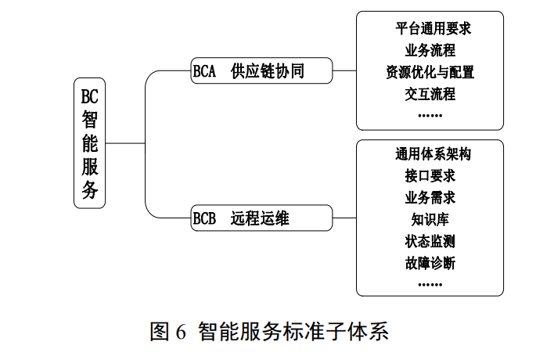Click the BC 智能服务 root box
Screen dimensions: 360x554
click(x=90, y=143)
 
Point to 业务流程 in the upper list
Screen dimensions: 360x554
click(x=430, y=51)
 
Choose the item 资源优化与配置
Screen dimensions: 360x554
click(x=430, y=73)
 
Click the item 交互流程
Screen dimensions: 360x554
click(x=430, y=94)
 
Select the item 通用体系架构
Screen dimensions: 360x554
click(x=430, y=154)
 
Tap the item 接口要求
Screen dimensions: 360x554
click(x=430, y=175)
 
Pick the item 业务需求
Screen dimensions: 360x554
click(x=430, y=196)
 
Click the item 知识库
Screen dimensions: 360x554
click(x=430, y=218)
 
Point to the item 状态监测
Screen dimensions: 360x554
click(x=430, y=240)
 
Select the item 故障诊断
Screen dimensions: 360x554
click(x=430, y=262)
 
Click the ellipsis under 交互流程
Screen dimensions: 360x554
click(x=430, y=114)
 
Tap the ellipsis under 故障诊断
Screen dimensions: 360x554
click(x=430, y=283)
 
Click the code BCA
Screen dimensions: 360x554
click(x=204, y=73)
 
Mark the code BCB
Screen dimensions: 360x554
click(x=204, y=218)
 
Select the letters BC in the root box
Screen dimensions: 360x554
click(x=90, y=96)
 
